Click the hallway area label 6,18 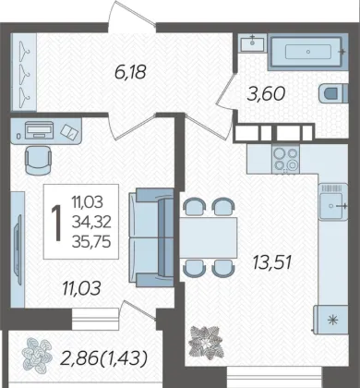coord(129,72)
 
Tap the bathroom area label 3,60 coord(266,93)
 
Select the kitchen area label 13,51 coord(271,262)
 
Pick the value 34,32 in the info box coord(91,222)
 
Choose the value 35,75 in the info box coord(91,242)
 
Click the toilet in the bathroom coord(333,93)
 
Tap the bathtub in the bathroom coord(308,52)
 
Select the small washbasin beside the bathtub coord(252,43)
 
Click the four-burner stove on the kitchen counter coord(286,159)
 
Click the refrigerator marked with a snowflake coord(331,321)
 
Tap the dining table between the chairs coord(209,237)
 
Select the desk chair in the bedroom coord(38,160)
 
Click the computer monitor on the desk coord(39,130)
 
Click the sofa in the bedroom coord(151,237)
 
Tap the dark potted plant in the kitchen coord(205,341)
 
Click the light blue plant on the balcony coord(37,355)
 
